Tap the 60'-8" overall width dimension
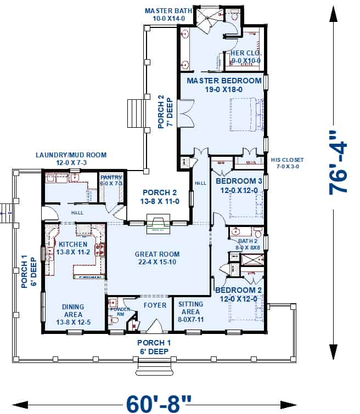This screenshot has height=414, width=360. point(159,404)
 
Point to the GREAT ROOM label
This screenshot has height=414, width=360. point(157,258)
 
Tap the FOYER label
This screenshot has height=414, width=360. point(155,305)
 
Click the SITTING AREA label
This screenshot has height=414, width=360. point(191,308)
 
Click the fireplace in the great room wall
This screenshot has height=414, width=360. point(159,223)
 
